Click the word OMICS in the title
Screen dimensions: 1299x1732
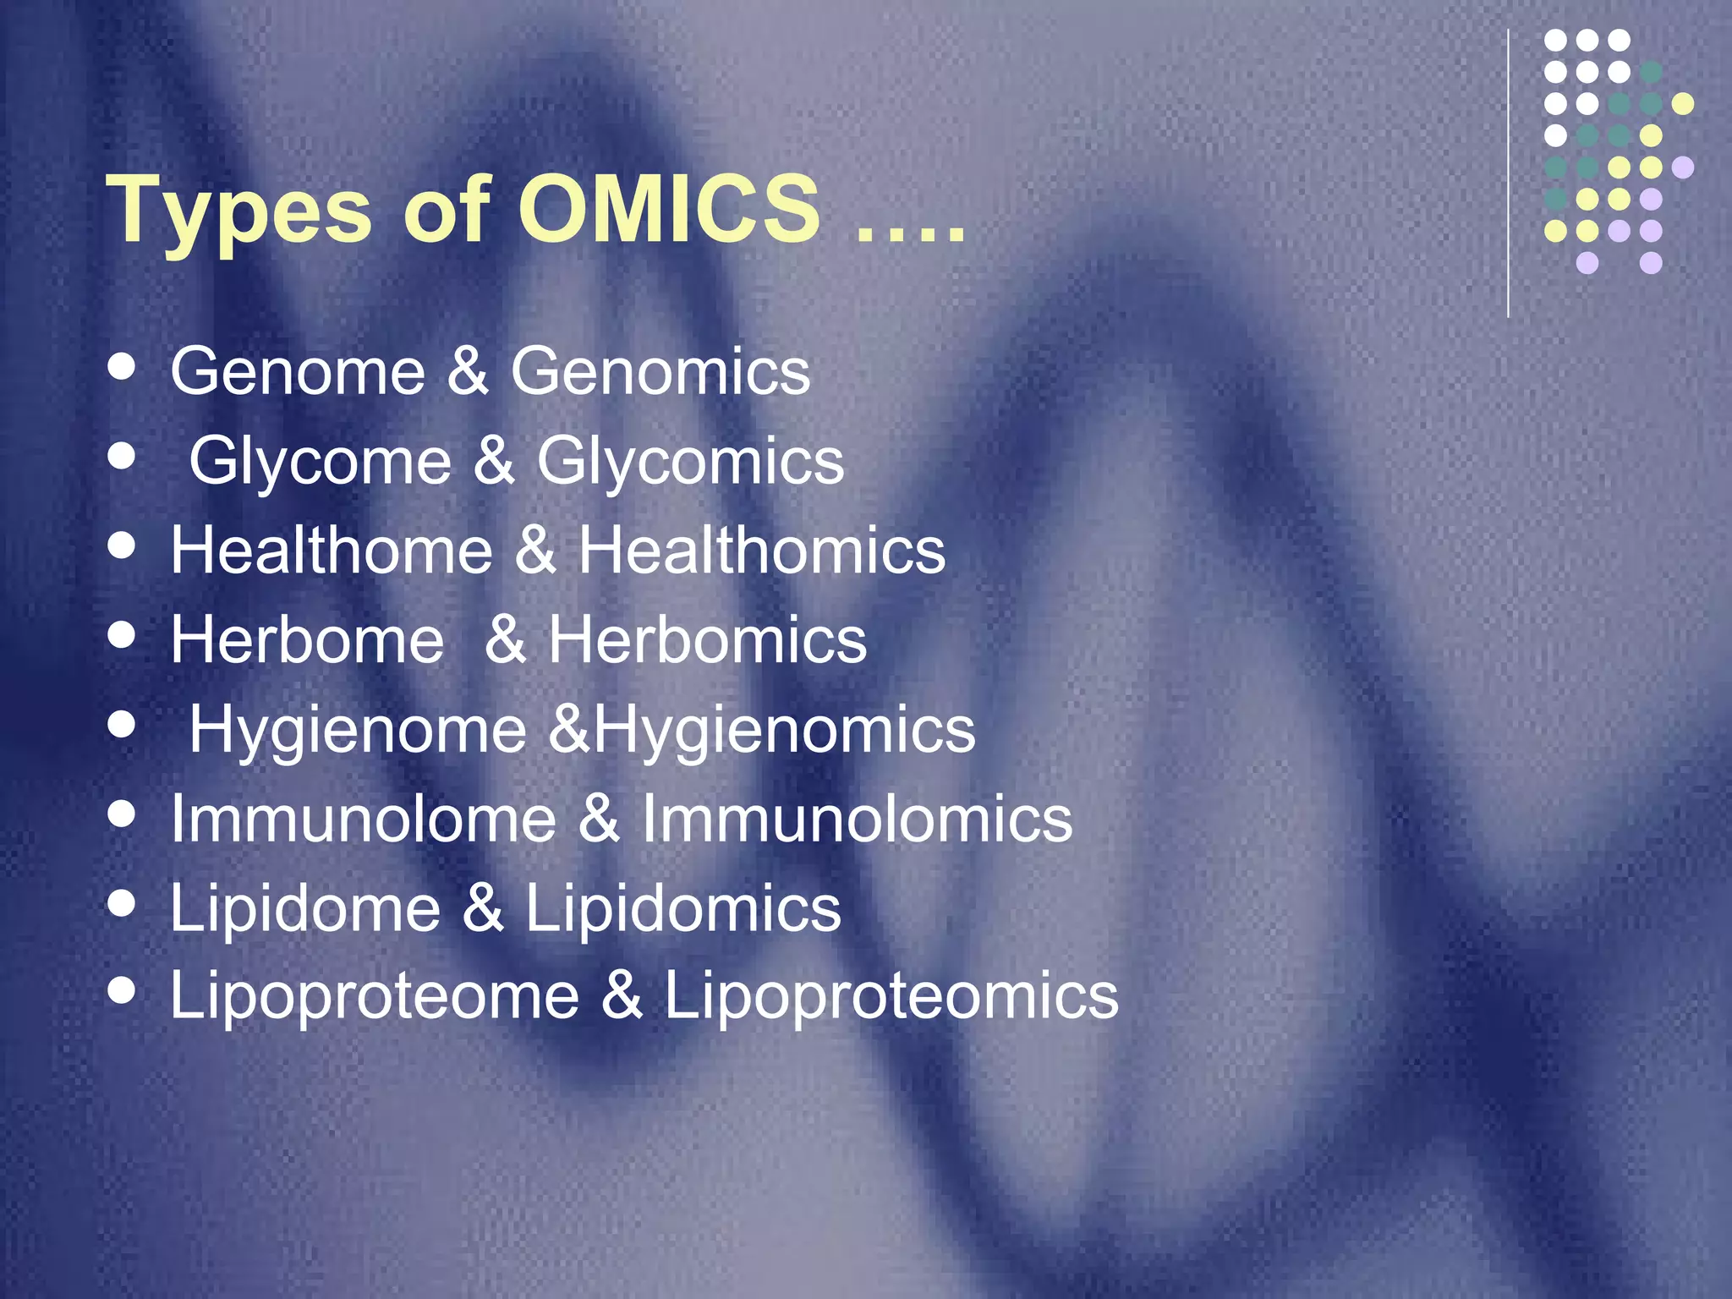click(x=668, y=209)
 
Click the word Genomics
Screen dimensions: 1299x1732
click(x=660, y=371)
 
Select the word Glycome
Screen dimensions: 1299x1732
click(x=321, y=462)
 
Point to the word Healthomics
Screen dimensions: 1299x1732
click(x=761, y=551)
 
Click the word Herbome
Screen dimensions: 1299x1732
click(x=307, y=639)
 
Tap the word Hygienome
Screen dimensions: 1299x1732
click(x=358, y=731)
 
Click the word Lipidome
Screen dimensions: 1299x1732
click(x=305, y=908)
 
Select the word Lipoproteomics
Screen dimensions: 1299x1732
click(x=891, y=995)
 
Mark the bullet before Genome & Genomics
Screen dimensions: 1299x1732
click(x=123, y=367)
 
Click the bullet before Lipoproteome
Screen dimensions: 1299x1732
click(x=123, y=989)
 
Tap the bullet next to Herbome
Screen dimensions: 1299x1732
click(x=123, y=635)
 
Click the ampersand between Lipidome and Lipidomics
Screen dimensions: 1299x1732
click(x=483, y=908)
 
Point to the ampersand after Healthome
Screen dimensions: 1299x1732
click(x=534, y=551)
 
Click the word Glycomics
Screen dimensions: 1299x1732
click(x=690, y=462)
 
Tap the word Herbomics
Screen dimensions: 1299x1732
click(x=707, y=639)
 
